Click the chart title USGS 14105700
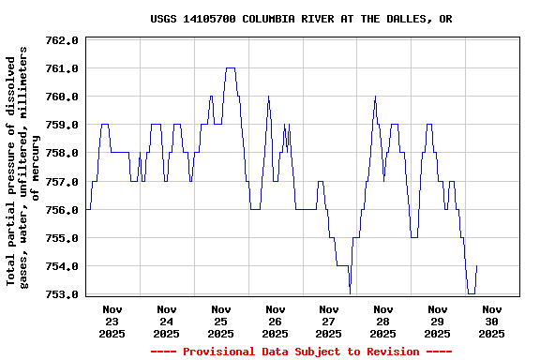tap(301, 19)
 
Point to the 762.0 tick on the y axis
tap(61, 40)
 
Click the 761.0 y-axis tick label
tap(61, 68)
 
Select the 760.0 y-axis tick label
tap(61, 97)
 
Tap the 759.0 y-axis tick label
tap(61, 125)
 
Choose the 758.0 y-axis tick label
tap(61, 153)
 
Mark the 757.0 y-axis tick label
tap(61, 181)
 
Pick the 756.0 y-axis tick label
tap(61, 209)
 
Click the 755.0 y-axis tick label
tap(61, 238)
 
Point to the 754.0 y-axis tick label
tap(61, 266)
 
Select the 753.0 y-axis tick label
tap(61, 294)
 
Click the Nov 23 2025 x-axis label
tap(112, 321)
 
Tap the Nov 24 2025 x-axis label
tap(167, 321)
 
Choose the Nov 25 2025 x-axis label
tap(221, 321)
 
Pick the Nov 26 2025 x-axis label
tap(276, 321)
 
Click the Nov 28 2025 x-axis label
tap(383, 321)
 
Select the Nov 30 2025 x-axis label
tap(492, 321)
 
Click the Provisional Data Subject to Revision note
tap(301, 352)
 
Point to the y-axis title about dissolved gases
tap(24, 166)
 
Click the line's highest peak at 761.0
tap(230, 68)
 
